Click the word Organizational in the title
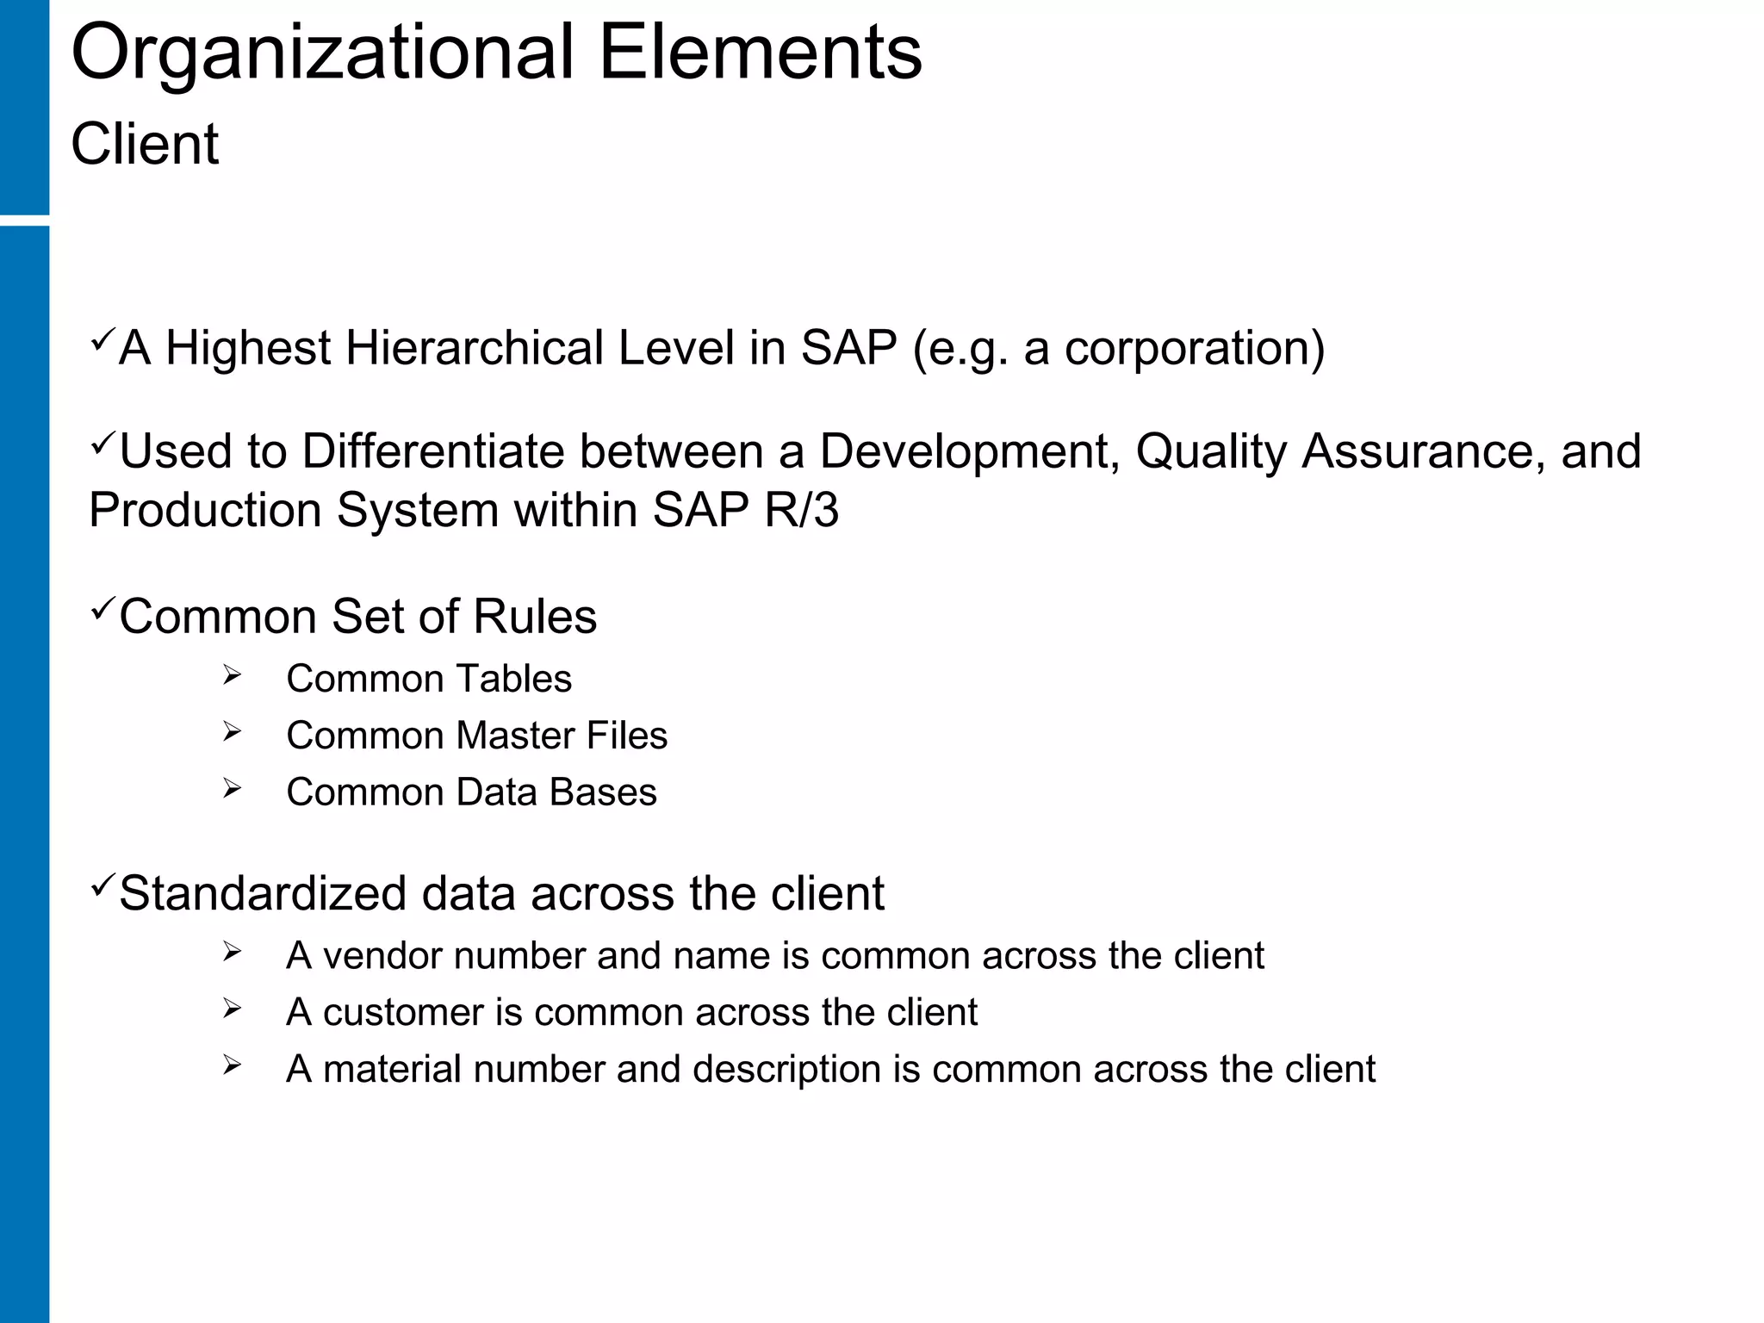pos(322,54)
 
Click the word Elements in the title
pos(760,54)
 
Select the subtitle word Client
pos(145,144)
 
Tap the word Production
pos(205,510)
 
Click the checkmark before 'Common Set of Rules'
pos(102,610)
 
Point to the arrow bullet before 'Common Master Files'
pos(231,732)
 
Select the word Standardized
pos(263,893)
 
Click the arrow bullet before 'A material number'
pos(231,1065)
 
